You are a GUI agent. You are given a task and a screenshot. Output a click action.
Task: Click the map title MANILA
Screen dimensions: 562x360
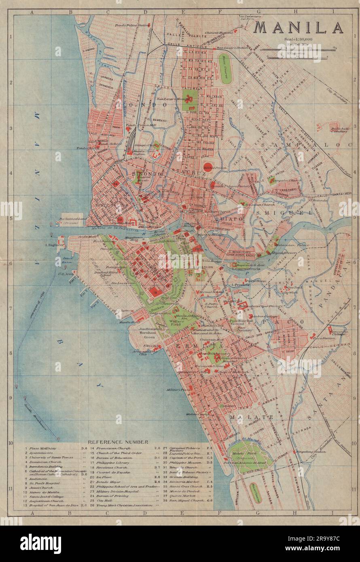click(299, 27)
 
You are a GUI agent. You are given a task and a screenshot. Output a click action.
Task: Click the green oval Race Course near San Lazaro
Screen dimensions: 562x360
click(225, 69)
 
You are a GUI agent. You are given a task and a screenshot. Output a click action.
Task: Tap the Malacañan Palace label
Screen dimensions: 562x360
click(300, 245)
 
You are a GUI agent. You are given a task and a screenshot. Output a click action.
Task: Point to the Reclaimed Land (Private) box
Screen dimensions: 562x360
click(72, 220)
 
